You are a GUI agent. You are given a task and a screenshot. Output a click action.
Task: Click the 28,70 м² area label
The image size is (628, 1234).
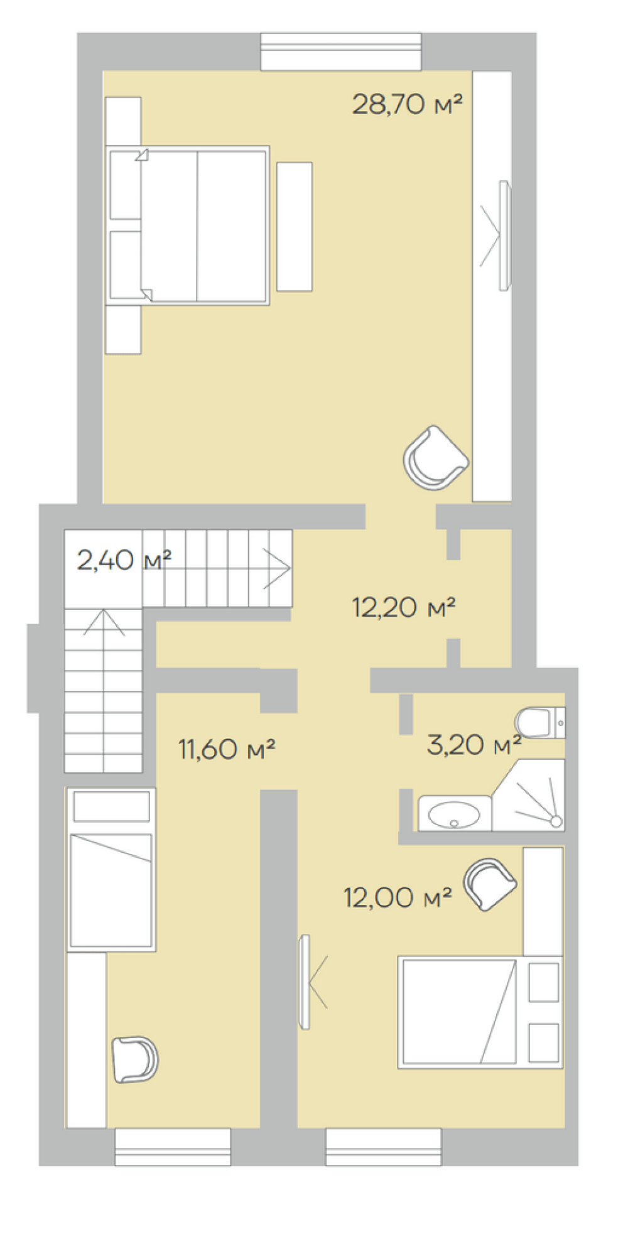click(407, 104)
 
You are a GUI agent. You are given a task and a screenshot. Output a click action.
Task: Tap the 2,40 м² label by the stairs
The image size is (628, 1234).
click(124, 560)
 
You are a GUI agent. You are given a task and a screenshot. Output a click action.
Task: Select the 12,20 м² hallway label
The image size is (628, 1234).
click(403, 607)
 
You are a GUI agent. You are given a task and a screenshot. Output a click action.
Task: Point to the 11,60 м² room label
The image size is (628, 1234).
click(227, 749)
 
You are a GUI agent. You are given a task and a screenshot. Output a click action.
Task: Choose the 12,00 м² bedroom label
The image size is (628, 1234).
click(398, 897)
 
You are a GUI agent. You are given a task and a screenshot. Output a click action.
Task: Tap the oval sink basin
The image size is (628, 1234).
click(453, 815)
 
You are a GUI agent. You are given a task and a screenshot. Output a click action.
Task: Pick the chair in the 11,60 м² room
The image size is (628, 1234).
click(134, 1059)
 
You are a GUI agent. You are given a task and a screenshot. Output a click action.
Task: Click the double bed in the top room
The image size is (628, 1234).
click(188, 226)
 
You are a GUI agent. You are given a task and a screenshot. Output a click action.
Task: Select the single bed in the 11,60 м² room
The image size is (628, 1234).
click(111, 870)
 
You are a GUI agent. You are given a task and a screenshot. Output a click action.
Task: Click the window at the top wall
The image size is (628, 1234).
click(341, 51)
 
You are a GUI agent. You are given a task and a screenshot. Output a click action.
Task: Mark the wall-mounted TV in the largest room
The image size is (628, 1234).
click(504, 236)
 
